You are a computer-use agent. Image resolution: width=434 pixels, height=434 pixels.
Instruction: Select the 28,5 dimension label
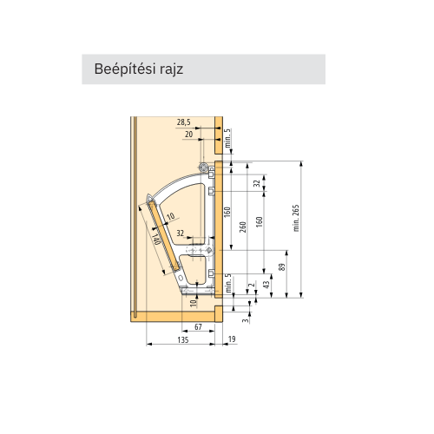pyautogui.click(x=184, y=122)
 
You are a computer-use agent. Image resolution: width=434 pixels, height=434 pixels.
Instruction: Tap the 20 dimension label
pyautogui.click(x=188, y=135)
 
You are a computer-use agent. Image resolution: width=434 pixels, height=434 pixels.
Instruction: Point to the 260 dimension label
pyautogui.click(x=243, y=227)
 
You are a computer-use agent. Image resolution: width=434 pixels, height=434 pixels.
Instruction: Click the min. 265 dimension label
pyautogui.click(x=296, y=218)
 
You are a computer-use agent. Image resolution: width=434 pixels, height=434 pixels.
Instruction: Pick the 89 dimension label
pyautogui.click(x=282, y=266)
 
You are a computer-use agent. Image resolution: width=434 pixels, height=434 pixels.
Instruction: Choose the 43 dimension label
pyautogui.click(x=266, y=285)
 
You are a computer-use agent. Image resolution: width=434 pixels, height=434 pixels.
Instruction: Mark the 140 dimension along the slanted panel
pyautogui.click(x=156, y=239)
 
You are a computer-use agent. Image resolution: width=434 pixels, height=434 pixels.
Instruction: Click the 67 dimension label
pyautogui.click(x=198, y=327)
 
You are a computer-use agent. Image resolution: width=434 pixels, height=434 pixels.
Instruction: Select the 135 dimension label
pyautogui.click(x=183, y=339)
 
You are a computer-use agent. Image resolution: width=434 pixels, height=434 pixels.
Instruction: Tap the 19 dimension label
pyautogui.click(x=232, y=339)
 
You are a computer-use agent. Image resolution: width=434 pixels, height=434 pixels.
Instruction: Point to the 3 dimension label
pyautogui.click(x=246, y=320)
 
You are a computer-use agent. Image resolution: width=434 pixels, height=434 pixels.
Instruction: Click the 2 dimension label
pyautogui.click(x=253, y=285)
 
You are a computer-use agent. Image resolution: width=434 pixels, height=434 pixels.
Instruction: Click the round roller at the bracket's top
pyautogui.click(x=203, y=167)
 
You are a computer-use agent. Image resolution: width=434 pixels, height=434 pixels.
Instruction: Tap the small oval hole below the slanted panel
pyautogui.click(x=181, y=278)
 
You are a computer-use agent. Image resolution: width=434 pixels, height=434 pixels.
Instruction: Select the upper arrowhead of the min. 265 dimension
pyautogui.click(x=301, y=163)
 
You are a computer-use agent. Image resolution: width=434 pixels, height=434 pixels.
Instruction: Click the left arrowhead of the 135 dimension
pyautogui.click(x=149, y=344)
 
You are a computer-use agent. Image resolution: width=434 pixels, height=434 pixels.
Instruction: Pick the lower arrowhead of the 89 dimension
pyautogui.click(x=286, y=294)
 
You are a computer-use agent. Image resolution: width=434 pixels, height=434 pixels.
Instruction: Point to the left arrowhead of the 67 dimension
pyautogui.click(x=185, y=332)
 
